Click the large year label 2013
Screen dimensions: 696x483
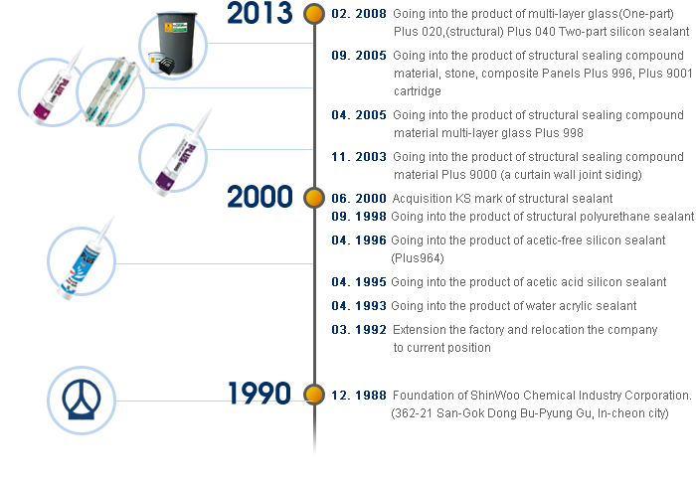click(260, 12)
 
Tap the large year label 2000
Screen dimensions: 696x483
click(260, 197)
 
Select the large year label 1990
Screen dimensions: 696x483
click(260, 393)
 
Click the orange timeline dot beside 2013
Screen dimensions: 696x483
click(314, 13)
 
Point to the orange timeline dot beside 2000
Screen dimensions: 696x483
click(314, 198)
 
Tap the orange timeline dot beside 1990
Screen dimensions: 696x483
click(314, 394)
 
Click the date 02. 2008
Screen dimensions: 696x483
click(359, 14)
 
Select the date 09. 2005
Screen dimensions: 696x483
click(359, 56)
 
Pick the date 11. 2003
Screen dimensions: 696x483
click(359, 157)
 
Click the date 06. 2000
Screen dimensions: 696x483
click(359, 198)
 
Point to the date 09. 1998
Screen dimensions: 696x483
click(359, 217)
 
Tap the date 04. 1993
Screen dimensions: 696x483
click(359, 306)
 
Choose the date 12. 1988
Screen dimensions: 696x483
click(359, 396)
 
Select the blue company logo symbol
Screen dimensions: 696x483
click(82, 400)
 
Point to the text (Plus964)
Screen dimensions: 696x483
click(418, 258)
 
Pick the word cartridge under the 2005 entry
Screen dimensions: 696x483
click(418, 91)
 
